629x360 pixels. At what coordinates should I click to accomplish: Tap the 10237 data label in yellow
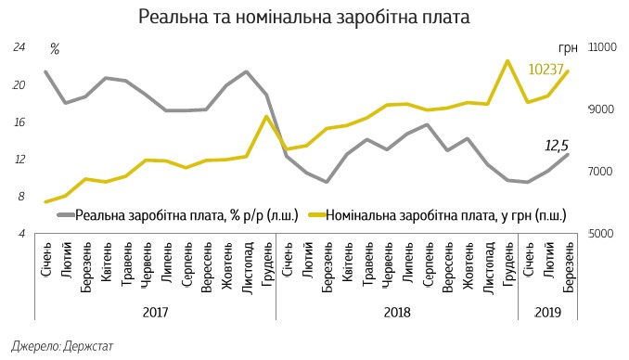coord(547,69)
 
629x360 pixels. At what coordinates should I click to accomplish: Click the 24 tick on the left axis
coord(19,47)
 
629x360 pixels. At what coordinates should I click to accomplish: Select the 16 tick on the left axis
coord(19,122)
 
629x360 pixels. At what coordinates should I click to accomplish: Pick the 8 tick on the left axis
coord(20,197)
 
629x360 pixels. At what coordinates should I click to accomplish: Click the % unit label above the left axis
coord(55,48)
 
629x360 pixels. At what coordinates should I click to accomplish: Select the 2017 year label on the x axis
coord(156,313)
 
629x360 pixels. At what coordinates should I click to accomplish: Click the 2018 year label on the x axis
coord(397,313)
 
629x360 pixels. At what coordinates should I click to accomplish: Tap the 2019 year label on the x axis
coord(548,313)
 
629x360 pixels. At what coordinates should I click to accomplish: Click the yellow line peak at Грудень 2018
coord(507,61)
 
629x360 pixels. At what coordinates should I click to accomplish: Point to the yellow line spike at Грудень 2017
coord(267,117)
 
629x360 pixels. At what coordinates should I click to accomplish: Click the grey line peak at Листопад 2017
coord(247,71)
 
